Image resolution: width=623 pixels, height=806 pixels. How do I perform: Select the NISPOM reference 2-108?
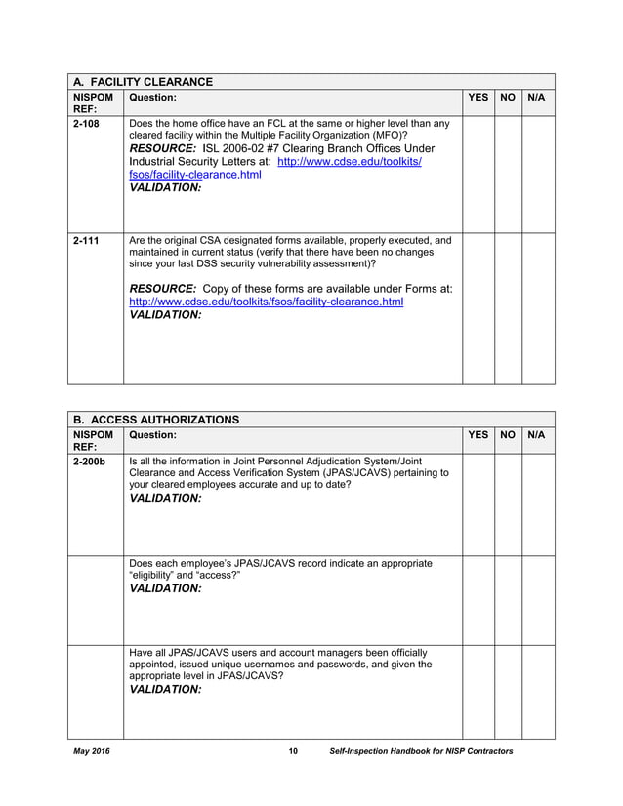(86, 124)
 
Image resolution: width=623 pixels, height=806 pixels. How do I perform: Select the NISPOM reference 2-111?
(86, 240)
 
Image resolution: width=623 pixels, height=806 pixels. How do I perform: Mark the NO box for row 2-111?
(508, 307)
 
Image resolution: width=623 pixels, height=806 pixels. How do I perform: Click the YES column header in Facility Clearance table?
(478, 98)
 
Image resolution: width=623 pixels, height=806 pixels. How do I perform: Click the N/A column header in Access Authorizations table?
(536, 435)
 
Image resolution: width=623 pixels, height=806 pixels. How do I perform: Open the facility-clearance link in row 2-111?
(267, 302)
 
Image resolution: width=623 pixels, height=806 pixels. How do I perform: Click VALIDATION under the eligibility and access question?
(165, 589)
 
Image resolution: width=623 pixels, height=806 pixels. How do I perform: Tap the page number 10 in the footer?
(292, 751)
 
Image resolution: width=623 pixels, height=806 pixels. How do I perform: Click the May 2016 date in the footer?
(92, 751)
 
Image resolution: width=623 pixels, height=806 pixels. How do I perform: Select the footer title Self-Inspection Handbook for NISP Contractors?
(421, 751)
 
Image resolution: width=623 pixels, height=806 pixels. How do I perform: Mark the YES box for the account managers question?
(478, 691)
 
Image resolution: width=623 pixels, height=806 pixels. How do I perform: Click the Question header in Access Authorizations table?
(152, 435)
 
